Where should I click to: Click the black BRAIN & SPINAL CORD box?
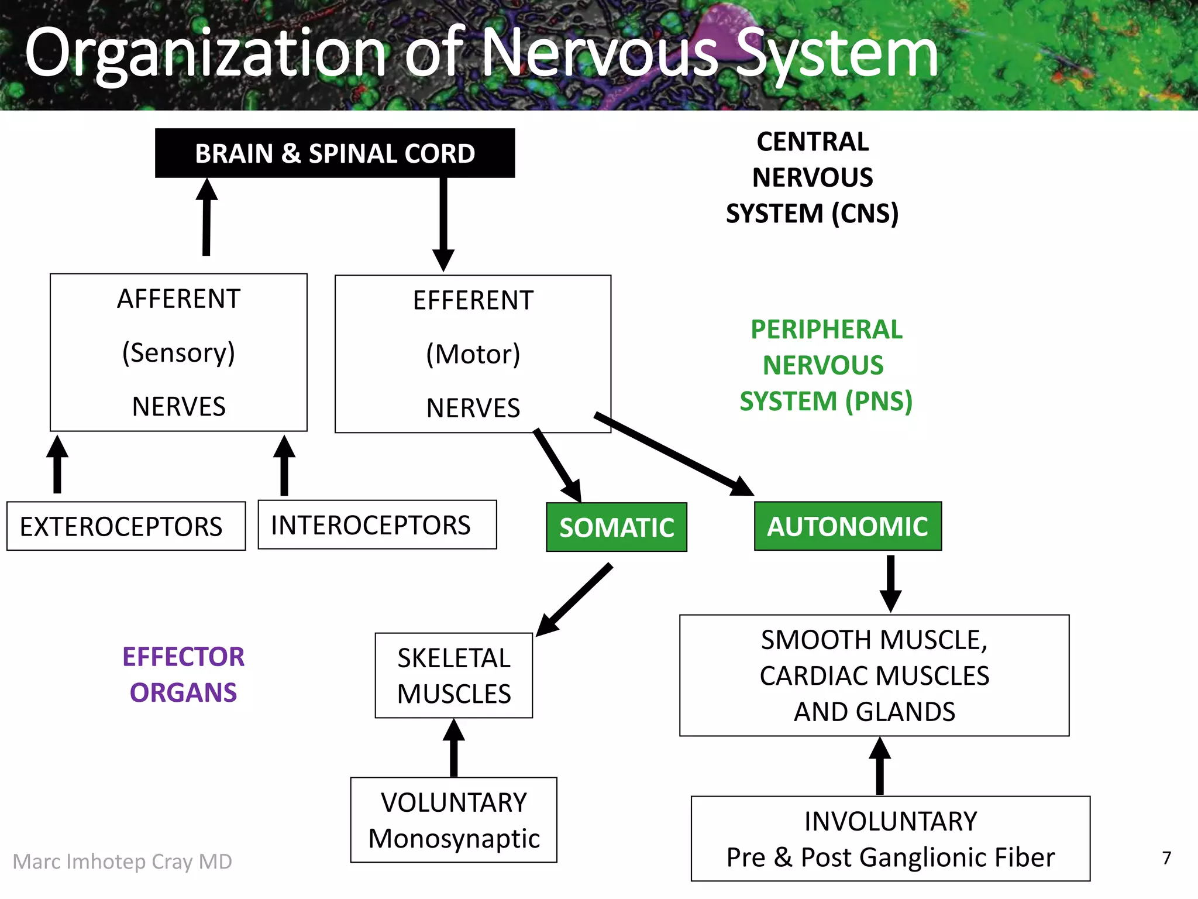pyautogui.click(x=335, y=153)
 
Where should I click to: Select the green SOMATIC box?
pyautogui.click(x=617, y=527)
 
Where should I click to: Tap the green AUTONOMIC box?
pyautogui.click(x=848, y=526)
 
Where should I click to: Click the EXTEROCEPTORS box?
pyautogui.click(x=126, y=526)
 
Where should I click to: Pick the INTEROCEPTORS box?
pyautogui.click(x=377, y=524)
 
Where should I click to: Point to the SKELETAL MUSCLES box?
pyautogui.click(x=454, y=675)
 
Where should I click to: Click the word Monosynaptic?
pyautogui.click(x=454, y=839)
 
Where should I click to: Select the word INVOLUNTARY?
pyautogui.click(x=890, y=821)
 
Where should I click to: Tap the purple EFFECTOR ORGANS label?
pyautogui.click(x=183, y=674)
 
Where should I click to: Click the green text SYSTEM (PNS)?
pyautogui.click(x=825, y=402)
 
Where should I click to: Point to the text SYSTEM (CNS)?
pyautogui.click(x=812, y=214)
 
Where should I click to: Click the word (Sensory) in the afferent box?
pyautogui.click(x=178, y=353)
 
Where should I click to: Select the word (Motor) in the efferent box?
pyautogui.click(x=473, y=355)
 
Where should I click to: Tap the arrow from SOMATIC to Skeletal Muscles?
pyautogui.click(x=576, y=599)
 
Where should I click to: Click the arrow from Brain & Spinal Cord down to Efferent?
pyautogui.click(x=443, y=222)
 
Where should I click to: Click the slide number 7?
pyautogui.click(x=1166, y=858)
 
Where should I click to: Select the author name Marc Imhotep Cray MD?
pyautogui.click(x=122, y=862)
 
